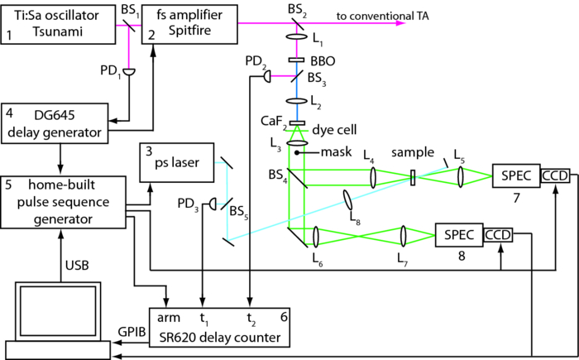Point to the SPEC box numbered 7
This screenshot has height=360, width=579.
coord(514,175)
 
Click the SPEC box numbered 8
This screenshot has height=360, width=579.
coord(458,236)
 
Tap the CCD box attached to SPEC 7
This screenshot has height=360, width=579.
coord(555,175)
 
